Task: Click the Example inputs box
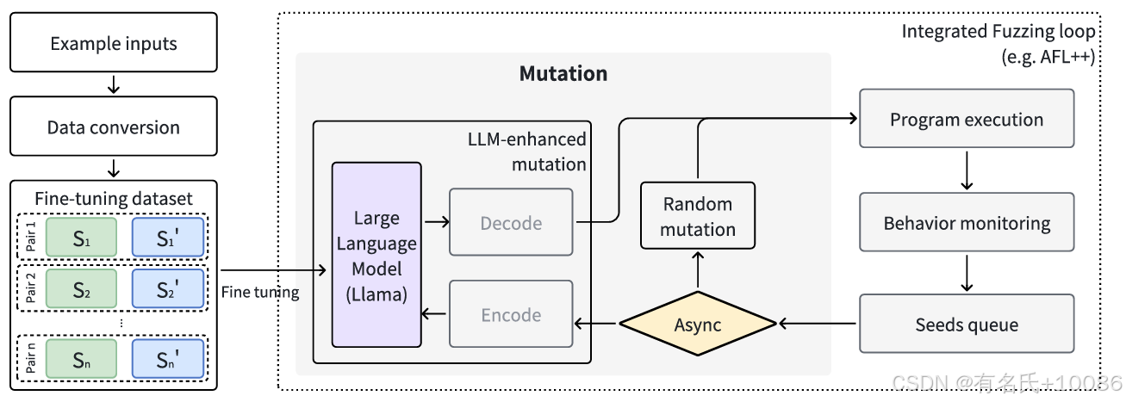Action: pyautogui.click(x=114, y=43)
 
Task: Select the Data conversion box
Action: pyautogui.click(x=114, y=127)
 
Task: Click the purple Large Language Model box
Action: pyautogui.click(x=376, y=255)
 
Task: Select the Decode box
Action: pyautogui.click(x=511, y=223)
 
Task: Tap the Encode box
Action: pyautogui.click(x=511, y=315)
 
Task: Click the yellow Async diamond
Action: pyautogui.click(x=698, y=325)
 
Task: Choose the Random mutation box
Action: pyautogui.click(x=698, y=217)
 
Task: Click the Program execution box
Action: pyautogui.click(x=967, y=120)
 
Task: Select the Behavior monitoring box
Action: pyautogui.click(x=967, y=224)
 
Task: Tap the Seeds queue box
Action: pyautogui.click(x=967, y=325)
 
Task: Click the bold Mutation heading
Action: pyautogui.click(x=563, y=74)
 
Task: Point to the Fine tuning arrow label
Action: pyautogui.click(x=260, y=292)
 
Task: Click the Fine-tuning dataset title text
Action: pyautogui.click(x=114, y=199)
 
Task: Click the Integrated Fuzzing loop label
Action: pyautogui.click(x=998, y=32)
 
